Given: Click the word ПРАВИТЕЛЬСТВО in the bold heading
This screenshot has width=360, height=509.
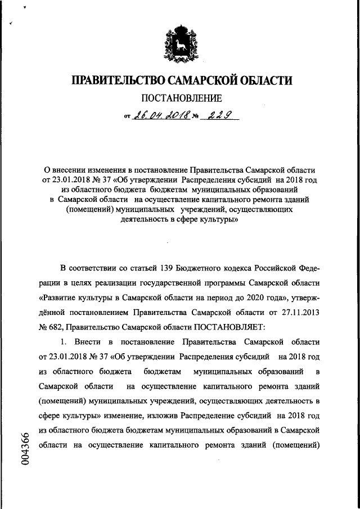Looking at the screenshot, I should pos(112,81).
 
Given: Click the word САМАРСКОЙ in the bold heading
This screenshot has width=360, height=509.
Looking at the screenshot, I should pos(192,81).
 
